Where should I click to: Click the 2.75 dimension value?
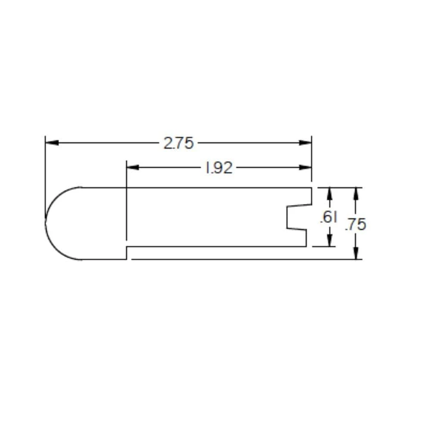point(178,143)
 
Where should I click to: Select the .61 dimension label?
point(328,218)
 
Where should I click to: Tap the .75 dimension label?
point(356,224)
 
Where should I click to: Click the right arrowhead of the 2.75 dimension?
point(306,143)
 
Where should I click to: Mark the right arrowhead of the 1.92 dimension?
point(306,167)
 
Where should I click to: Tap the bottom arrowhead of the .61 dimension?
point(330,241)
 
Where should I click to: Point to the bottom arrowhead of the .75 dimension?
point(356,254)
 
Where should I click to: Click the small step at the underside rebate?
point(126,253)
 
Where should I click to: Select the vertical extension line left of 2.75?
point(45,172)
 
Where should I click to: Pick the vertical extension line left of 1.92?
point(126,203)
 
